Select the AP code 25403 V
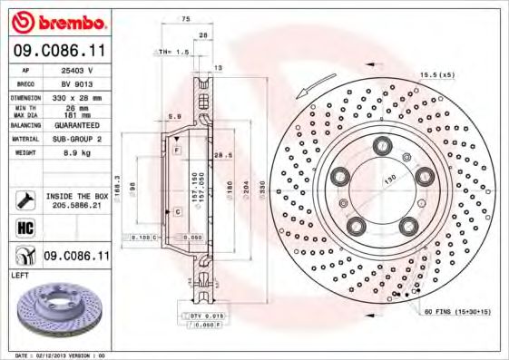coord(77,69)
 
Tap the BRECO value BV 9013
coord(77,83)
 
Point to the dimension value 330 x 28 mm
coord(77,97)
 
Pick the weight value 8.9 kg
coord(77,154)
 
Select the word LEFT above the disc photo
coord(19,274)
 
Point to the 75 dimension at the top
coord(186,19)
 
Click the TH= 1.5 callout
coord(172,53)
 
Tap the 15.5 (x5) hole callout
coord(436,74)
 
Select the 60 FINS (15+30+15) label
coord(455,312)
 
